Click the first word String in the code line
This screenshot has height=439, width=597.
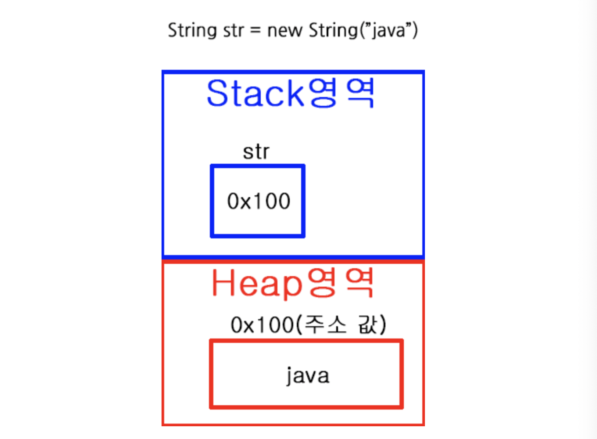pos(192,30)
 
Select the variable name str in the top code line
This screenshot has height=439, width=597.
pos(234,30)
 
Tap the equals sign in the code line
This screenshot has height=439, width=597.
pos(255,30)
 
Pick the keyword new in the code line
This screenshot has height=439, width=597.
pos(284,30)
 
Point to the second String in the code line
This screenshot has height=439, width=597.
pos(333,30)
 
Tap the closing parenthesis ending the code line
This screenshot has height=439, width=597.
pos(415,30)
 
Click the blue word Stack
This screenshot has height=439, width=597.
pos(255,94)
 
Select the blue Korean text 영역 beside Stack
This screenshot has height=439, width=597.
pos(342,93)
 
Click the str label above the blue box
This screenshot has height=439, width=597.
pos(256,152)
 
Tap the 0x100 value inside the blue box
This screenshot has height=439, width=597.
pos(258,201)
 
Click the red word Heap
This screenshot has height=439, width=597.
pos(257,284)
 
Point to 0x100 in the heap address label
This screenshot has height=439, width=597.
pos(262,325)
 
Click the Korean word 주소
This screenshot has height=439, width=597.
pos(325,324)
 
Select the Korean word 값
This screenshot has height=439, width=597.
pos(368,324)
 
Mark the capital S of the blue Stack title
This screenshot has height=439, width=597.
pos(217,94)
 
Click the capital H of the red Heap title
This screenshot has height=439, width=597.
pos(223,283)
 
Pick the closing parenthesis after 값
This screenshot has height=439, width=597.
pos(383,324)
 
